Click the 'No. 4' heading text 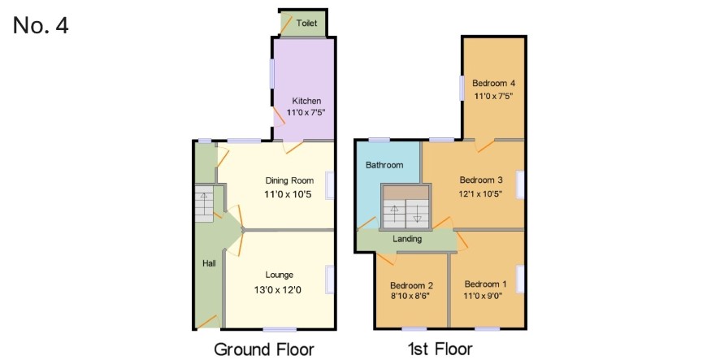pyautogui.click(x=41, y=25)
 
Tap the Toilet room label pyautogui.click(x=306, y=23)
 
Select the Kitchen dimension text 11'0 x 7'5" pyautogui.click(x=306, y=111)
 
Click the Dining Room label pyautogui.click(x=289, y=180)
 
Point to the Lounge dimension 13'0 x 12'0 pyautogui.click(x=280, y=290)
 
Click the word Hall pyautogui.click(x=209, y=263)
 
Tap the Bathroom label pyautogui.click(x=384, y=165)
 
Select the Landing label pyautogui.click(x=407, y=239)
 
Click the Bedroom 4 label pyautogui.click(x=493, y=84)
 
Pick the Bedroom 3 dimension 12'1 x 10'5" pyautogui.click(x=480, y=193)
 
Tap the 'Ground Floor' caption pyautogui.click(x=264, y=350)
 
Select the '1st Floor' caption pyautogui.click(x=440, y=350)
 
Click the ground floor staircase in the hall pyautogui.click(x=204, y=203)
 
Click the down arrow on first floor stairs pyautogui.click(x=417, y=214)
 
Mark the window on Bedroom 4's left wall pyautogui.click(x=462, y=88)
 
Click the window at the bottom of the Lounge pyautogui.click(x=280, y=329)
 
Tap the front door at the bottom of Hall pyautogui.click(x=207, y=322)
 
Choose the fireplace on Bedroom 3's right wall pyautogui.click(x=520, y=184)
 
